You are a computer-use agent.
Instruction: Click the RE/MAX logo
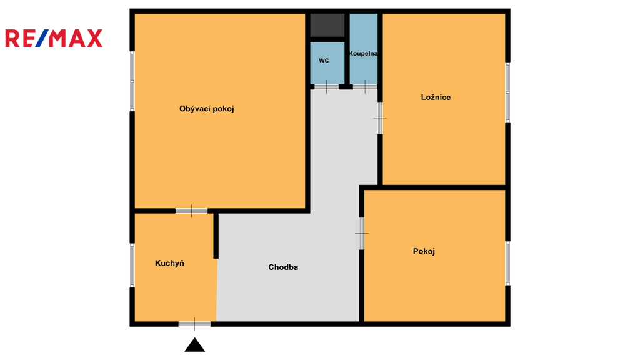[54, 38]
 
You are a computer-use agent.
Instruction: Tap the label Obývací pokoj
[206, 109]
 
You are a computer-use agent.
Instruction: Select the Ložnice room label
[436, 97]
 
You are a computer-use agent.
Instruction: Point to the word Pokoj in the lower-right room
[424, 251]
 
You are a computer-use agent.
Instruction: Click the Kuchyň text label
[169, 263]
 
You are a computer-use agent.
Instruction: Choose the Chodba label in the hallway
[283, 267]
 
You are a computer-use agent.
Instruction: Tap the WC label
[324, 61]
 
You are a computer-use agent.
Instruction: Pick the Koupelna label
[363, 54]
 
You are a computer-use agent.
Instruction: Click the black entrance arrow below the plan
[195, 345]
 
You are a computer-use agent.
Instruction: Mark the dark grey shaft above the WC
[327, 25]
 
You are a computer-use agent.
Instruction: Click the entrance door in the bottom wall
[195, 324]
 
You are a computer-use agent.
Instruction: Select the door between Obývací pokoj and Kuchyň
[191, 211]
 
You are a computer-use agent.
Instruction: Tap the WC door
[326, 87]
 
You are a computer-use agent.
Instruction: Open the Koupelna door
[365, 87]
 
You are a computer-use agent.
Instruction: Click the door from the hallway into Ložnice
[380, 118]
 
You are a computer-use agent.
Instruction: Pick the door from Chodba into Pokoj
[362, 234]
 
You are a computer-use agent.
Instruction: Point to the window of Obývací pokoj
[132, 81]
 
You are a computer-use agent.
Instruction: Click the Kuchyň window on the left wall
[132, 265]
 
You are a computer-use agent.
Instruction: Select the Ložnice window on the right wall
[507, 92]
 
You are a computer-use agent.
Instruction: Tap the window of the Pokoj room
[507, 263]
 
